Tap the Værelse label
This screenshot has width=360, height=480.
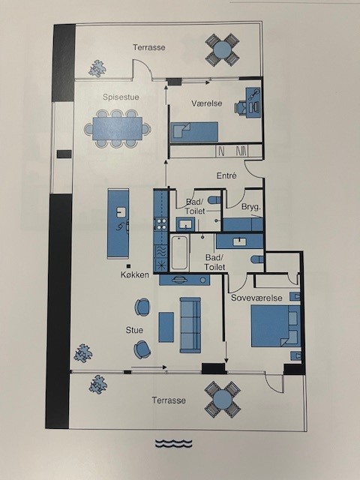point(207,103)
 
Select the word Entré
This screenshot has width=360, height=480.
point(226,175)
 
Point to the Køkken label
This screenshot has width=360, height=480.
point(135,274)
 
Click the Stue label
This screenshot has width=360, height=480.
point(134,330)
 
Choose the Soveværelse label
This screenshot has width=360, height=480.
point(256,298)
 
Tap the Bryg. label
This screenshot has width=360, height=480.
point(251,207)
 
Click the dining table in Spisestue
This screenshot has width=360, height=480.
point(117,128)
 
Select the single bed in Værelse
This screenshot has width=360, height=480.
point(194,132)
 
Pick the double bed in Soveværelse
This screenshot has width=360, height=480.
point(275,325)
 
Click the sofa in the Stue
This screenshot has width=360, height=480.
point(190,325)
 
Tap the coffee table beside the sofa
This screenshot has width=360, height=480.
point(166,327)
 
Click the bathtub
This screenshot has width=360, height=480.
point(179,253)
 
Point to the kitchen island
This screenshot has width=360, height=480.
point(118,223)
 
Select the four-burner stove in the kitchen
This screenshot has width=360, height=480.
point(161,223)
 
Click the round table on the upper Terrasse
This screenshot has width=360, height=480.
point(222,50)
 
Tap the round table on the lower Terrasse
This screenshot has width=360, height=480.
point(223,400)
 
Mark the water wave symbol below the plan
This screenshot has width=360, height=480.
point(173,443)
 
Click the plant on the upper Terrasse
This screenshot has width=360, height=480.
point(97,68)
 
